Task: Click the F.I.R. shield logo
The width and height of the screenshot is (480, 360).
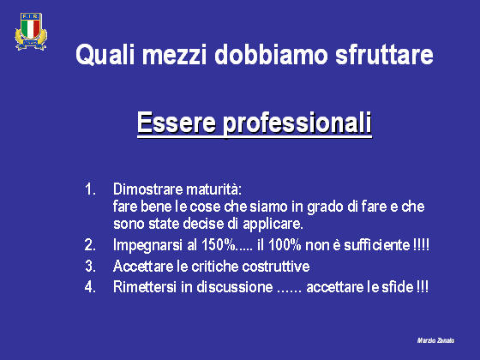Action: (x=31, y=31)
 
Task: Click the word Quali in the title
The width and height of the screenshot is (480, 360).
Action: (x=105, y=55)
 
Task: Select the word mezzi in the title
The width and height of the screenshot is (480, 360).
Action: (x=174, y=55)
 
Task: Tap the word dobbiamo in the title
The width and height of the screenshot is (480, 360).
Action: (x=271, y=55)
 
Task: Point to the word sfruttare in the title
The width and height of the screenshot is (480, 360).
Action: (x=384, y=55)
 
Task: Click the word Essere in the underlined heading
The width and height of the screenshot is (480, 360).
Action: (x=177, y=123)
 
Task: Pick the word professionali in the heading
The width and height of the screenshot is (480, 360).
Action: (x=297, y=123)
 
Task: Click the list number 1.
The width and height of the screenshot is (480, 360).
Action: (x=90, y=189)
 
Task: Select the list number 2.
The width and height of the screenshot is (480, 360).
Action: (x=90, y=245)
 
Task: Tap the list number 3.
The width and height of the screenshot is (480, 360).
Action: (x=90, y=266)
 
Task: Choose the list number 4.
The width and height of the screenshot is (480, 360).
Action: (x=90, y=287)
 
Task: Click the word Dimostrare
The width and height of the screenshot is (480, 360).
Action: (x=147, y=189)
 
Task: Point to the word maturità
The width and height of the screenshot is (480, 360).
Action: (x=214, y=189)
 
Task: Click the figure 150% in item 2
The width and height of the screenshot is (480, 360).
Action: (x=219, y=245)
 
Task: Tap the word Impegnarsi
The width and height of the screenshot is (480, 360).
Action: (x=147, y=245)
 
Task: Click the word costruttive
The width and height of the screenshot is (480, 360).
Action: (x=276, y=266)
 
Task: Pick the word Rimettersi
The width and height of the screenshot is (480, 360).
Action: (x=145, y=287)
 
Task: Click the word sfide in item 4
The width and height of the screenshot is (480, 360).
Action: (x=398, y=287)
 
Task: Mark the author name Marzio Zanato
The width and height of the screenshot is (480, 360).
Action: (x=435, y=340)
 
